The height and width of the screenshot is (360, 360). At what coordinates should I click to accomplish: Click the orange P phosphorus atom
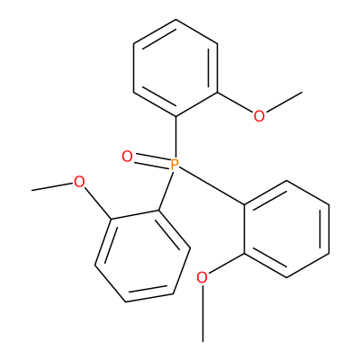click(x=175, y=165)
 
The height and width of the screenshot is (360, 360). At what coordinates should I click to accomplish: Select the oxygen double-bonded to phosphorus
click(x=127, y=157)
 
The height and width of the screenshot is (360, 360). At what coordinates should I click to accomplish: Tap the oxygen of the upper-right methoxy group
click(x=259, y=116)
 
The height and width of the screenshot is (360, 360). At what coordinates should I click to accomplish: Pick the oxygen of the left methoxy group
click(x=79, y=182)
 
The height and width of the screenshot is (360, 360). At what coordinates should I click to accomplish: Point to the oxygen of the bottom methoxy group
click(x=202, y=278)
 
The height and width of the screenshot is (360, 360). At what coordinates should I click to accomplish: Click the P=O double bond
click(x=152, y=160)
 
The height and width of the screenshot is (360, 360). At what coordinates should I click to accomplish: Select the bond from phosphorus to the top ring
click(x=175, y=137)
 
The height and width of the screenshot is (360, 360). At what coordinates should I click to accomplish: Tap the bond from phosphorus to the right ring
click(x=212, y=186)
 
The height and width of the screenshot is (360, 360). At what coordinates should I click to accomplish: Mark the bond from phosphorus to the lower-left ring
click(x=166, y=191)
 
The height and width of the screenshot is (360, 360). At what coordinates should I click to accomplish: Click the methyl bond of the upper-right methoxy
click(x=283, y=103)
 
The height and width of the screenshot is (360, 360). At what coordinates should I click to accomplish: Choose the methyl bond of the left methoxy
click(x=52, y=186)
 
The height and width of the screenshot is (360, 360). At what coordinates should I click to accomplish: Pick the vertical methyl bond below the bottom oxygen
click(x=203, y=313)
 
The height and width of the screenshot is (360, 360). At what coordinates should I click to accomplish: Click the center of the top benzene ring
click(x=175, y=68)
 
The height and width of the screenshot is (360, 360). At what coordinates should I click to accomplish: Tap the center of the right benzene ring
click(x=287, y=229)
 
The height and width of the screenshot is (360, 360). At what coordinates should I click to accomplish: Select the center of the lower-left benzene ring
click(x=142, y=256)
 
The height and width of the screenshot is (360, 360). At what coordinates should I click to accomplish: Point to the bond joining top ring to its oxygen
click(x=236, y=103)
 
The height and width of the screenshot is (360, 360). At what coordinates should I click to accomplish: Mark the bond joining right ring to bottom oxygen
click(x=227, y=264)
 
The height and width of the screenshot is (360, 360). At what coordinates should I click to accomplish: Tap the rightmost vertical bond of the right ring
click(x=328, y=229)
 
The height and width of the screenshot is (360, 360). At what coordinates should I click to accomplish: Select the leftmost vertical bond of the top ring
click(x=134, y=68)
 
